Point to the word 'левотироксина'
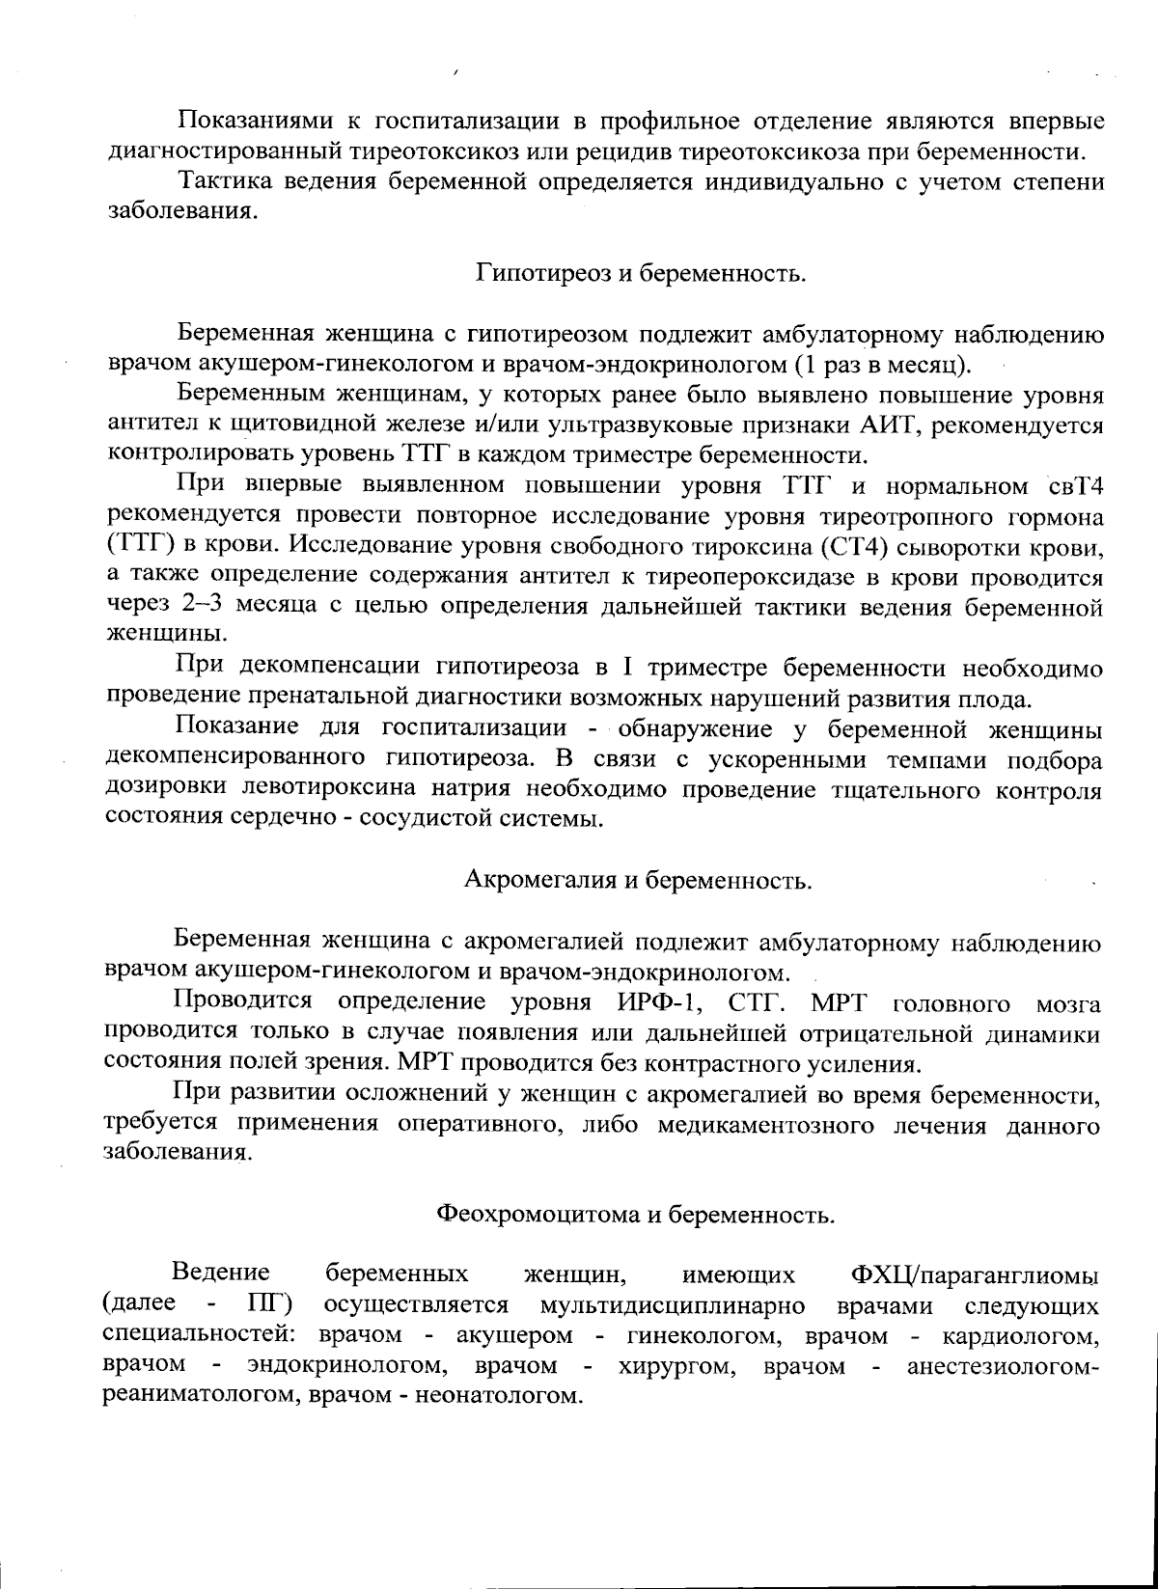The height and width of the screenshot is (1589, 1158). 324,788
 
